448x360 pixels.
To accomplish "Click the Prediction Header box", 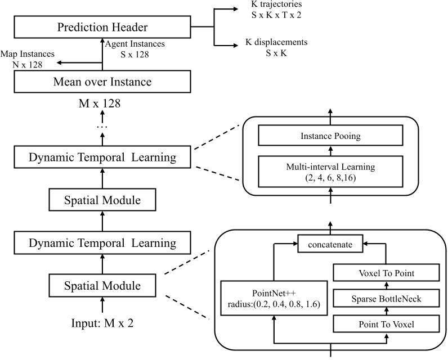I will coord(102,27).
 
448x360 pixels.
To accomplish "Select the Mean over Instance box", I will coord(102,82).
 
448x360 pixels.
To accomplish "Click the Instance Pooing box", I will coord(330,137).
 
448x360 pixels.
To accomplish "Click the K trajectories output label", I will coord(276,10).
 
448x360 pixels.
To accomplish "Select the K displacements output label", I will coord(276,47).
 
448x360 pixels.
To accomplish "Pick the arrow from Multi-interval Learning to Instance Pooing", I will coord(330,152).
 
